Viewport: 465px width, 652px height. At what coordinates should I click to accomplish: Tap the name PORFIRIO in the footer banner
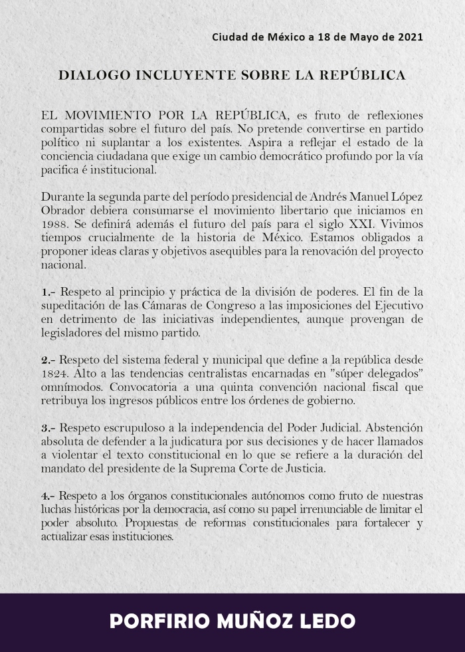(x=158, y=621)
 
